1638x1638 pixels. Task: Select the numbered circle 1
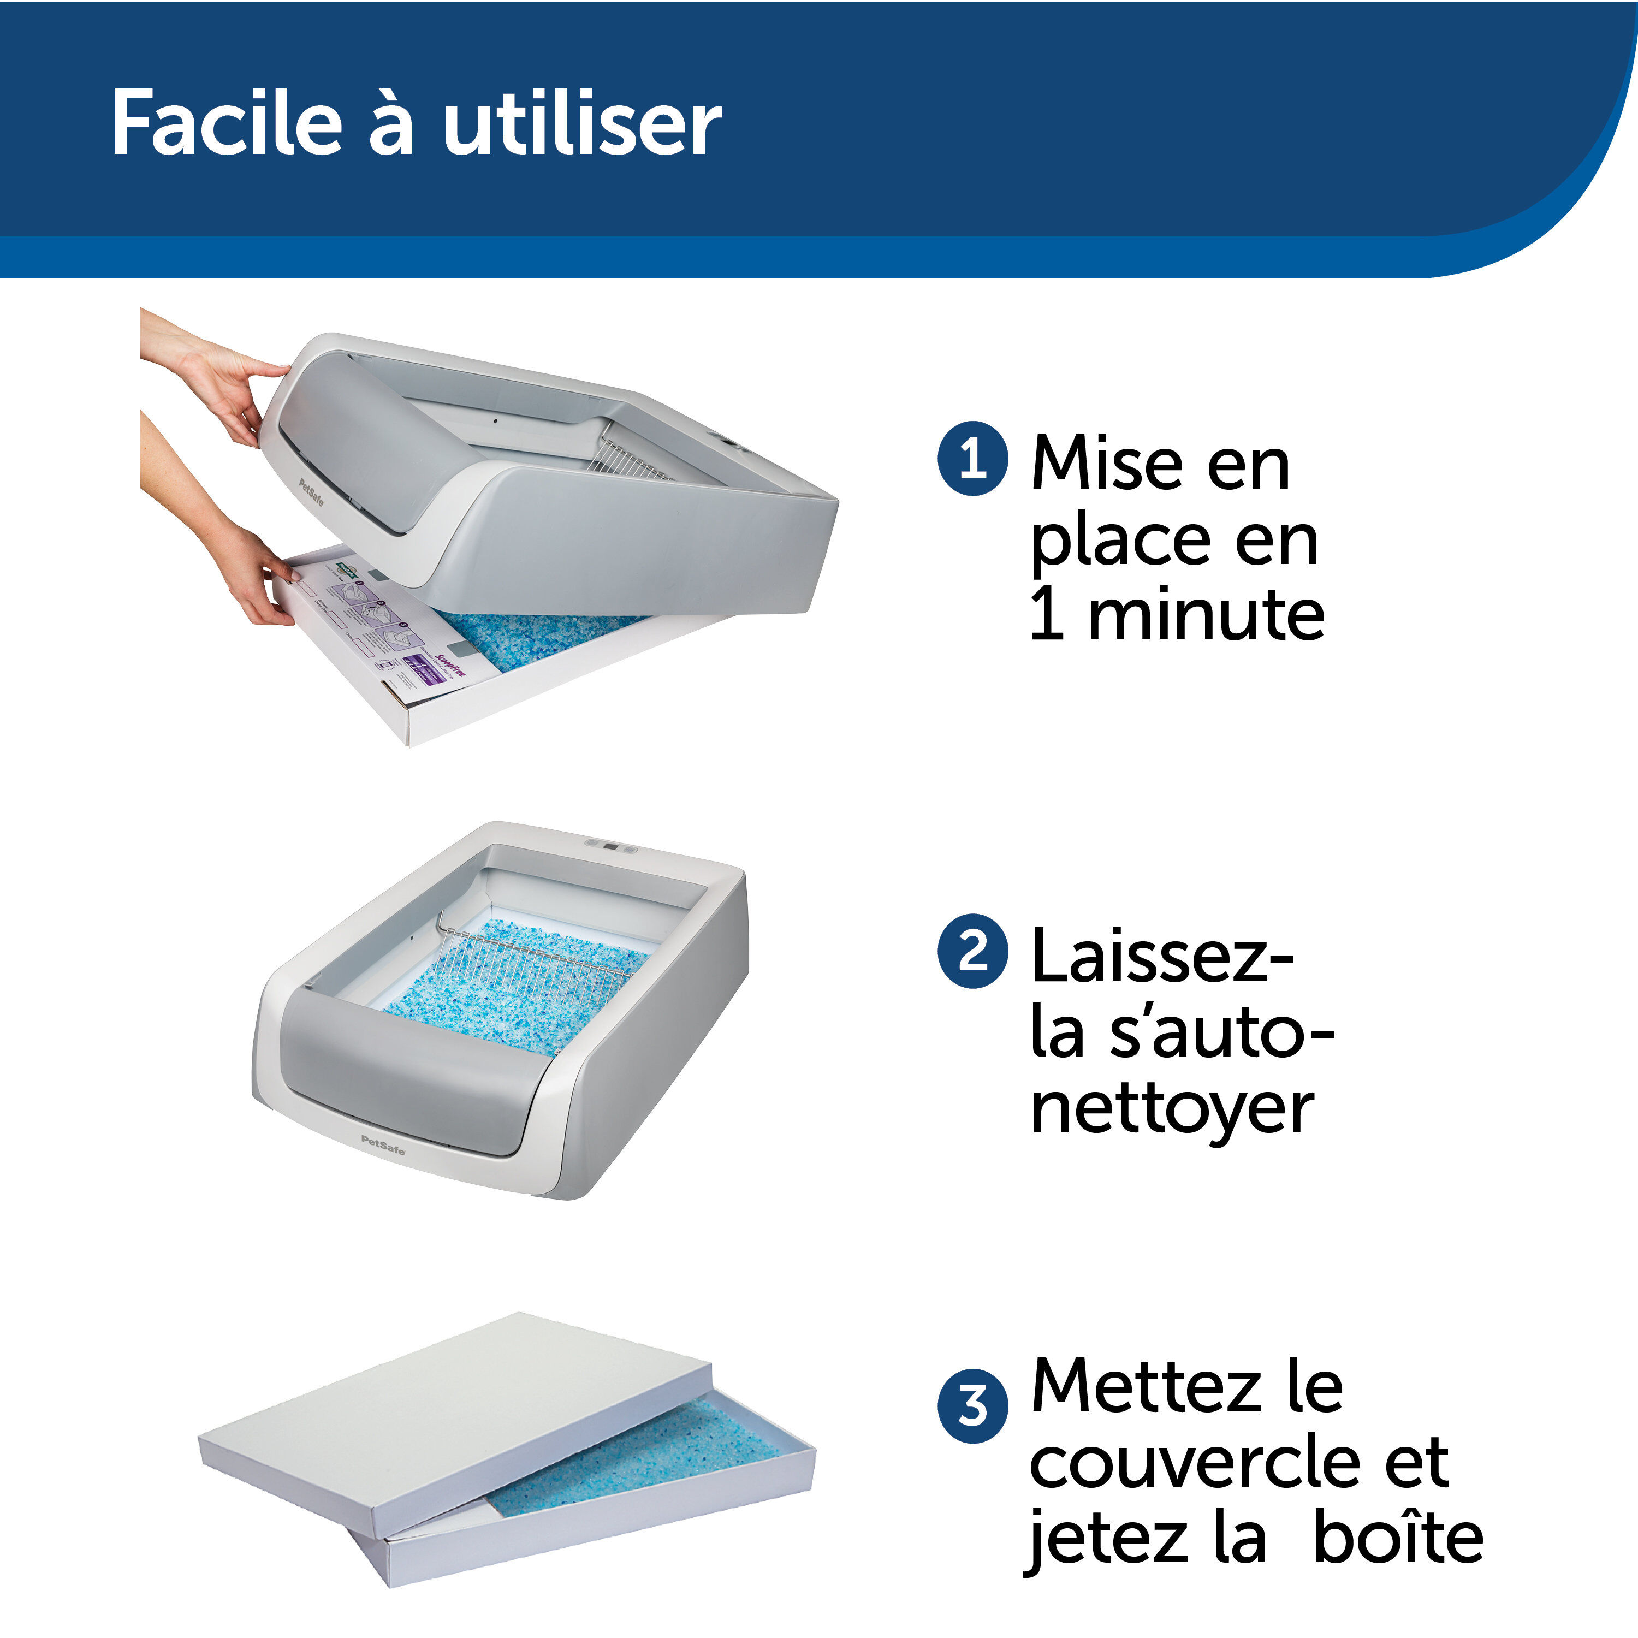tap(972, 459)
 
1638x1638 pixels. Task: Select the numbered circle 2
tap(972, 951)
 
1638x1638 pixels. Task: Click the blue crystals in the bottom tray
tap(644, 1458)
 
